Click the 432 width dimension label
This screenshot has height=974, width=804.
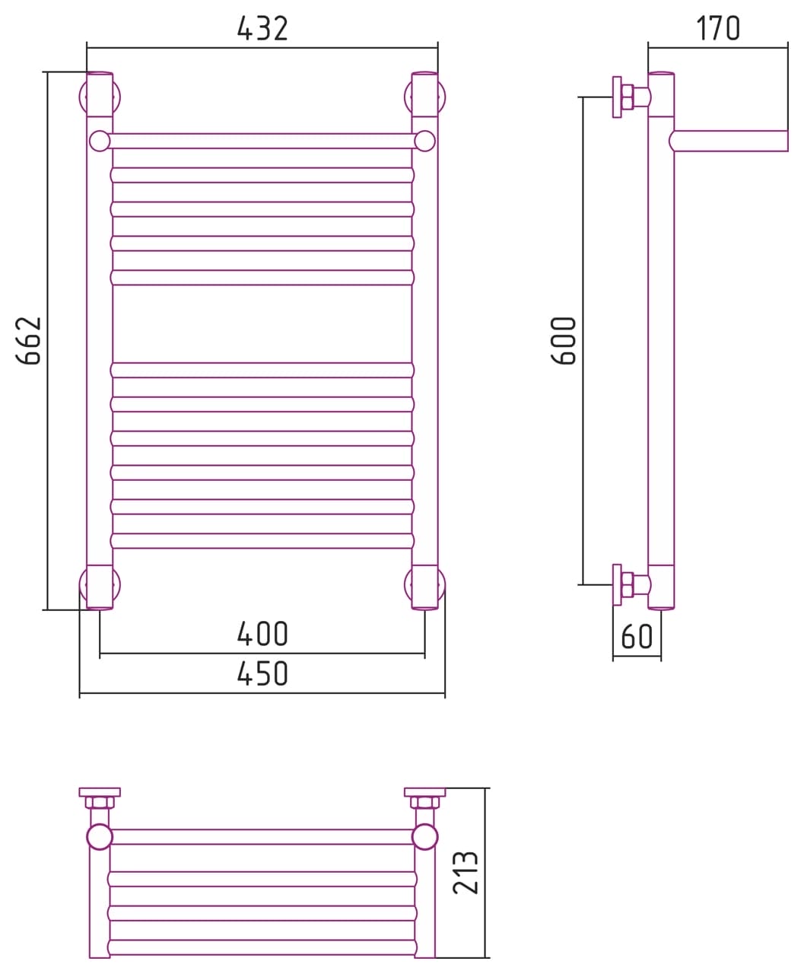coord(262,28)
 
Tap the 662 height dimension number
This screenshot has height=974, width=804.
coord(29,341)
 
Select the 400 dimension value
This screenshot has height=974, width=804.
coord(262,634)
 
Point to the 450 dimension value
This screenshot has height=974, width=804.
coord(262,673)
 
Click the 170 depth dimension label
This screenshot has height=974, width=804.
coord(718,28)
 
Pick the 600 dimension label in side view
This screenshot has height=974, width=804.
coord(564,341)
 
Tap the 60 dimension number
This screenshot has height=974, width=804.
coord(637,636)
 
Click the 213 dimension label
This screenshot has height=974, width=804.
coord(466,872)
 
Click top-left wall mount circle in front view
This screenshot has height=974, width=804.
coord(82,97)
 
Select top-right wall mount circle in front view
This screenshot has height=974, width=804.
coord(442,97)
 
